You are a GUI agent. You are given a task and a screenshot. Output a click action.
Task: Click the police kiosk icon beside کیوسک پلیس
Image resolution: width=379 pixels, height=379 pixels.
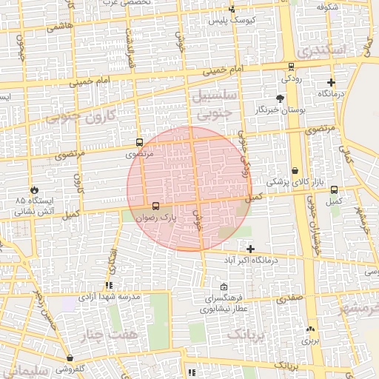(x=232, y=10)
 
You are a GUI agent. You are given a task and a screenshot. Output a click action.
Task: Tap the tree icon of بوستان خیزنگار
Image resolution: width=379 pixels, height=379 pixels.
(x=280, y=98)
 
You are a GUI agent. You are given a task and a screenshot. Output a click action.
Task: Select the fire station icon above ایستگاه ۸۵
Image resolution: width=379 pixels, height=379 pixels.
(x=34, y=189)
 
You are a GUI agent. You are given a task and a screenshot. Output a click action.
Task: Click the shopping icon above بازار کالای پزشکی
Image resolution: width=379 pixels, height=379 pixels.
(x=295, y=171)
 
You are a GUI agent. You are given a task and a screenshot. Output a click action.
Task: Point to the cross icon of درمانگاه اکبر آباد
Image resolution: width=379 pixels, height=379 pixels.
(x=250, y=249)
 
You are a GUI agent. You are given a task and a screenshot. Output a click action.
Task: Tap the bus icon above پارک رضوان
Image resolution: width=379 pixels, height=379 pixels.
(x=155, y=207)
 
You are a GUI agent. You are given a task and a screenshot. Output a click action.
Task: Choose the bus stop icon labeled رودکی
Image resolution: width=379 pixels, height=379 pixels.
(x=287, y=65)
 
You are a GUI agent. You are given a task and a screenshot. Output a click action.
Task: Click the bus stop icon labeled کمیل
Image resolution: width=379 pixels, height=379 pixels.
(x=335, y=189)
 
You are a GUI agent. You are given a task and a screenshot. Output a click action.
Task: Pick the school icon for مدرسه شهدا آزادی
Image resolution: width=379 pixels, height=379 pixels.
(x=110, y=285)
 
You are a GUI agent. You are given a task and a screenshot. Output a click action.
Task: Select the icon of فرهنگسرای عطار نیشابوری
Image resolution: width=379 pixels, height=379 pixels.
(x=224, y=287)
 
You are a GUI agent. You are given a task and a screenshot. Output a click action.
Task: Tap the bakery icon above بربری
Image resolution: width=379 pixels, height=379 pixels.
(x=309, y=330)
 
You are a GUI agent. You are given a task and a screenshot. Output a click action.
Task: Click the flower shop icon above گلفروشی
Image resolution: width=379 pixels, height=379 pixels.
(x=70, y=358)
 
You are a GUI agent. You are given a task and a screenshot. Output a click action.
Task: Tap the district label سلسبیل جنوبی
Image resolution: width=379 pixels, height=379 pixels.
(x=215, y=104)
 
